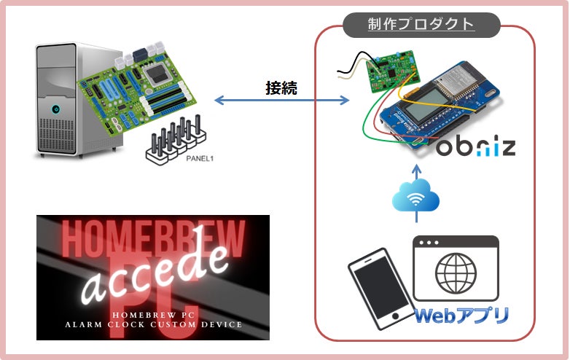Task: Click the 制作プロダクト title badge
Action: (421, 24)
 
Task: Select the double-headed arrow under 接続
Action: (281, 102)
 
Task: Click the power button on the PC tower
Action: (55, 109)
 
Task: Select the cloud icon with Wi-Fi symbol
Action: (416, 195)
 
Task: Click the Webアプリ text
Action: (461, 316)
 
